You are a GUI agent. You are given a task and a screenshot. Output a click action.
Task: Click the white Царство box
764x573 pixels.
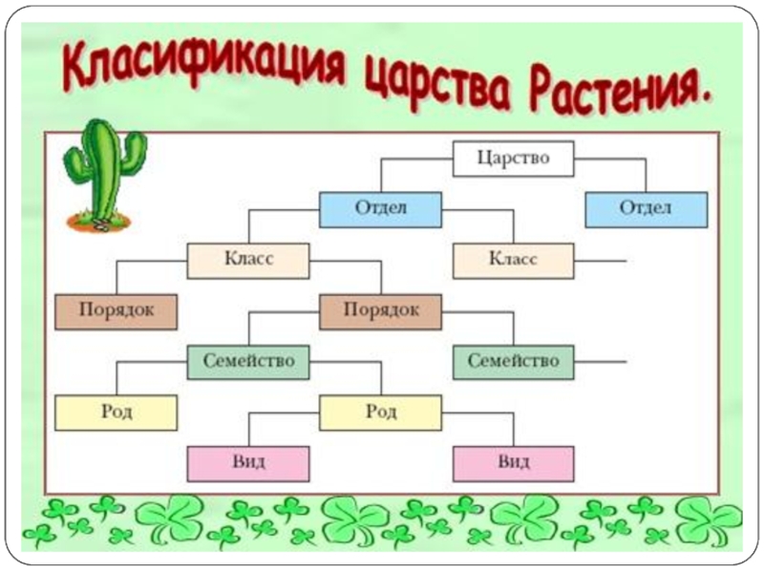coord(513,159)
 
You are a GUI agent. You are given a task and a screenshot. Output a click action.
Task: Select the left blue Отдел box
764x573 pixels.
coord(380,209)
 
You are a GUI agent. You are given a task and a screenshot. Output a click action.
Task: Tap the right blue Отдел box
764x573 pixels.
coord(646,209)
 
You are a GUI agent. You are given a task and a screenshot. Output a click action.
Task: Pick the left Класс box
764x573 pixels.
coord(247,260)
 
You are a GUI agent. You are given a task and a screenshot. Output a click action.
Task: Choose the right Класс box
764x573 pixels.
coord(513,260)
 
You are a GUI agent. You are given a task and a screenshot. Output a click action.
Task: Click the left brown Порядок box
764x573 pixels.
coord(116,311)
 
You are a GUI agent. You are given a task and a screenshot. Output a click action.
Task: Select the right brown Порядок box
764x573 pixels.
coord(380,311)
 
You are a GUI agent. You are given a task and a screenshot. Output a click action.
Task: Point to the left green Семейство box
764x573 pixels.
coord(247,362)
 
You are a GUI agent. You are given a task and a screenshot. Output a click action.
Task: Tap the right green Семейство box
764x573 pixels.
coord(513,362)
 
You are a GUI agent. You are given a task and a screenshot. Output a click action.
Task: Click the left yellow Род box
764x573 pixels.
coord(116,413)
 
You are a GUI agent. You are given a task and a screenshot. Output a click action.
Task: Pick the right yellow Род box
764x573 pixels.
coord(380,413)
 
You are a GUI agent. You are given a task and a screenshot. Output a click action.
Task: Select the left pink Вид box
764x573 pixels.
coord(247,463)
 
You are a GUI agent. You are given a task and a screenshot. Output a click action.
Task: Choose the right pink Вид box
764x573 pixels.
coord(513,463)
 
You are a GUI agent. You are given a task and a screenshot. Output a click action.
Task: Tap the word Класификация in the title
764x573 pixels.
coord(201,69)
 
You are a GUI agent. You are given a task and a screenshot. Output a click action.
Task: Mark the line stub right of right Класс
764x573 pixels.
coord(601,260)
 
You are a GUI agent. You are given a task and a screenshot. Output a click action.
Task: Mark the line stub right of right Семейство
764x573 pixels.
coord(601,362)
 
